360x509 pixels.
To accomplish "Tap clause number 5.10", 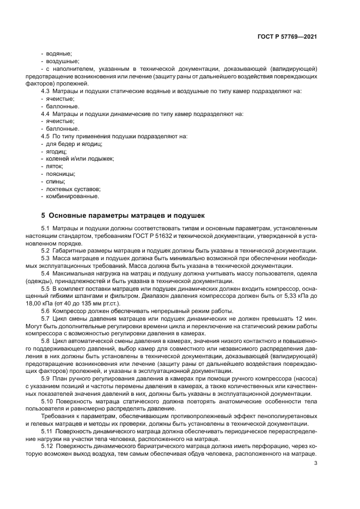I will tap(48, 400).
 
